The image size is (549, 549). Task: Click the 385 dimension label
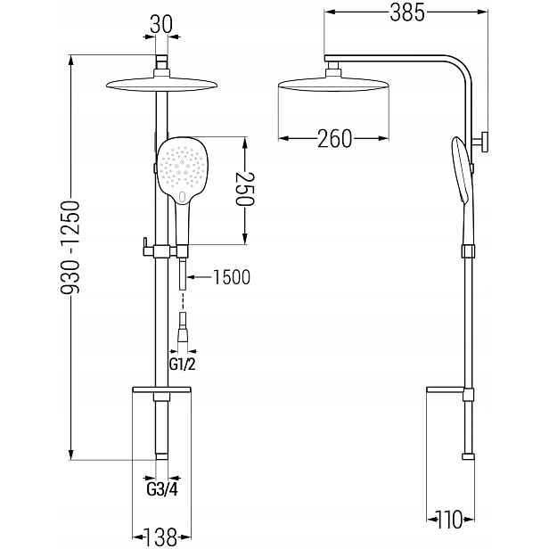407,13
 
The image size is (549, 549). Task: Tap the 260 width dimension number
334,139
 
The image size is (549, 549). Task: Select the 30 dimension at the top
161,25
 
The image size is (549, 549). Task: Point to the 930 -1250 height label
70,247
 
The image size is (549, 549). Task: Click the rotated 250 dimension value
245,189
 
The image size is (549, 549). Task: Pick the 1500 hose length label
232,277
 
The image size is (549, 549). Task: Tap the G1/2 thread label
183,365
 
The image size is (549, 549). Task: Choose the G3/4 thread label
162,489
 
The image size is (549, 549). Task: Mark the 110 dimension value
449,520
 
